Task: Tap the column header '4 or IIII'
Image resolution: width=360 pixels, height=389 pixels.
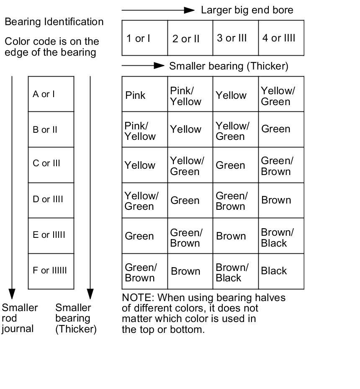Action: coord(279,38)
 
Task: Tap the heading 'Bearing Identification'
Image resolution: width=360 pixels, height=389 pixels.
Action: coord(54,22)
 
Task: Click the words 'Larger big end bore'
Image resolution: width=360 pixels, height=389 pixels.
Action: coord(247,10)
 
